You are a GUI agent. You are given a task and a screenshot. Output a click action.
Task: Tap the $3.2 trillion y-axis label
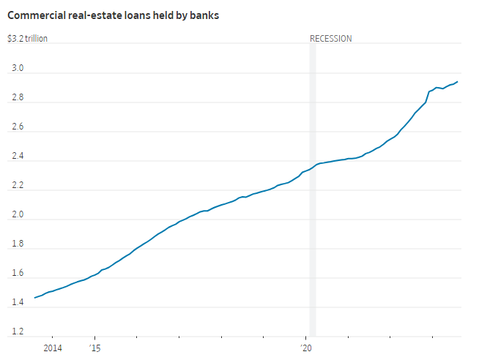point(28,39)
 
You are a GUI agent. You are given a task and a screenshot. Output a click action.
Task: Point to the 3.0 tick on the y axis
point(17,69)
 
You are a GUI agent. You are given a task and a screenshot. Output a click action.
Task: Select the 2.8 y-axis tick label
point(17,98)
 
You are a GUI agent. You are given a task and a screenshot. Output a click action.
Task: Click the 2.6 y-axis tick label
point(17,127)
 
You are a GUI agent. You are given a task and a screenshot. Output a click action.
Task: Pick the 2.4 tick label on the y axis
point(17,157)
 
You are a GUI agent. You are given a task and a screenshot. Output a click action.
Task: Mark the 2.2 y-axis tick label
point(17,186)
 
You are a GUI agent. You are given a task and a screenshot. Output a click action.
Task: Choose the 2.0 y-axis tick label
point(17,215)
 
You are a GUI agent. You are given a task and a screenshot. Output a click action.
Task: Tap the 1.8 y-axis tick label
point(17,244)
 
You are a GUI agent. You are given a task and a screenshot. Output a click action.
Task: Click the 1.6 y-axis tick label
point(17,274)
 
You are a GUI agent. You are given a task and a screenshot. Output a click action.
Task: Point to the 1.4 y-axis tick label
point(17,303)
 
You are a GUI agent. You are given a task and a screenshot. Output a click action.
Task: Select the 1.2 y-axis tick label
point(17,332)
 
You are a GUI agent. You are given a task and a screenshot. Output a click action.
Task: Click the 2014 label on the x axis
point(53,348)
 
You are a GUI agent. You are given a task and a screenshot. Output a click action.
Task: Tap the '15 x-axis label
point(94,348)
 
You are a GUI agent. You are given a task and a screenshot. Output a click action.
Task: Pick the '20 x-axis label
point(307,348)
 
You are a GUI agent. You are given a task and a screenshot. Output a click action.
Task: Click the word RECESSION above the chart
point(331,39)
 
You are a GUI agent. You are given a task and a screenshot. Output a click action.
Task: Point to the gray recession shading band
point(313,220)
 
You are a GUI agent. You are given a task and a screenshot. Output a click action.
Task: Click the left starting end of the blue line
point(34,298)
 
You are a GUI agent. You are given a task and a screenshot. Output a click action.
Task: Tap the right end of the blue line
point(458,82)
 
